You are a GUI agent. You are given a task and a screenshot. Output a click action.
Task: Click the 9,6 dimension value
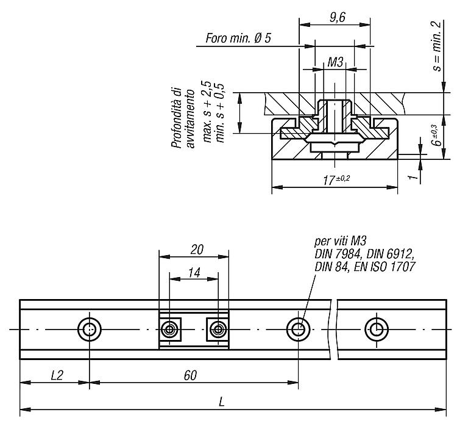pyautogui.click(x=338, y=18)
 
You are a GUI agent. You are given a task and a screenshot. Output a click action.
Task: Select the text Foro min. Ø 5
pyautogui.click(x=238, y=38)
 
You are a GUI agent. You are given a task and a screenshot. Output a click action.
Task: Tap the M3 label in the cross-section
pyautogui.click(x=335, y=62)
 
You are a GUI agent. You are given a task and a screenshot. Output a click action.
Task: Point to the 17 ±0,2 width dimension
pyautogui.click(x=336, y=179)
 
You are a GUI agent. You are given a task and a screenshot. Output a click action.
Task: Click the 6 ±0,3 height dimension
pyautogui.click(x=436, y=135)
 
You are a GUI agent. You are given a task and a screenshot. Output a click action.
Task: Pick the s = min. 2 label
pyautogui.click(x=437, y=47)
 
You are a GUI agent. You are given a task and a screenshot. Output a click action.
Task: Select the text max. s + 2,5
pyautogui.click(x=207, y=112)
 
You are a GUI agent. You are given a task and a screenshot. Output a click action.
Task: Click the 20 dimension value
pyautogui.click(x=197, y=250)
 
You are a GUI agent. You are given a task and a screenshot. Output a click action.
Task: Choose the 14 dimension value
pyautogui.click(x=194, y=273)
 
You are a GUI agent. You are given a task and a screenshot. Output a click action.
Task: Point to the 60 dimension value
pyautogui.click(x=190, y=375)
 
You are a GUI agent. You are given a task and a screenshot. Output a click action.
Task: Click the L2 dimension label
pyautogui.click(x=57, y=375)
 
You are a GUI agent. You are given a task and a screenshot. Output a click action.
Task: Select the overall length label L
pyautogui.click(x=222, y=403)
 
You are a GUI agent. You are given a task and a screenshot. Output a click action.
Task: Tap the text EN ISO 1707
pyautogui.click(x=384, y=267)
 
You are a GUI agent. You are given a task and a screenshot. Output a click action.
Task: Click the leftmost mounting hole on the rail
pyautogui.click(x=90, y=330)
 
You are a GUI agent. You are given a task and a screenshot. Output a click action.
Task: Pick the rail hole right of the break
pyautogui.click(x=377, y=330)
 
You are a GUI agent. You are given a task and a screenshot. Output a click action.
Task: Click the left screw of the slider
pyautogui.click(x=169, y=330)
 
